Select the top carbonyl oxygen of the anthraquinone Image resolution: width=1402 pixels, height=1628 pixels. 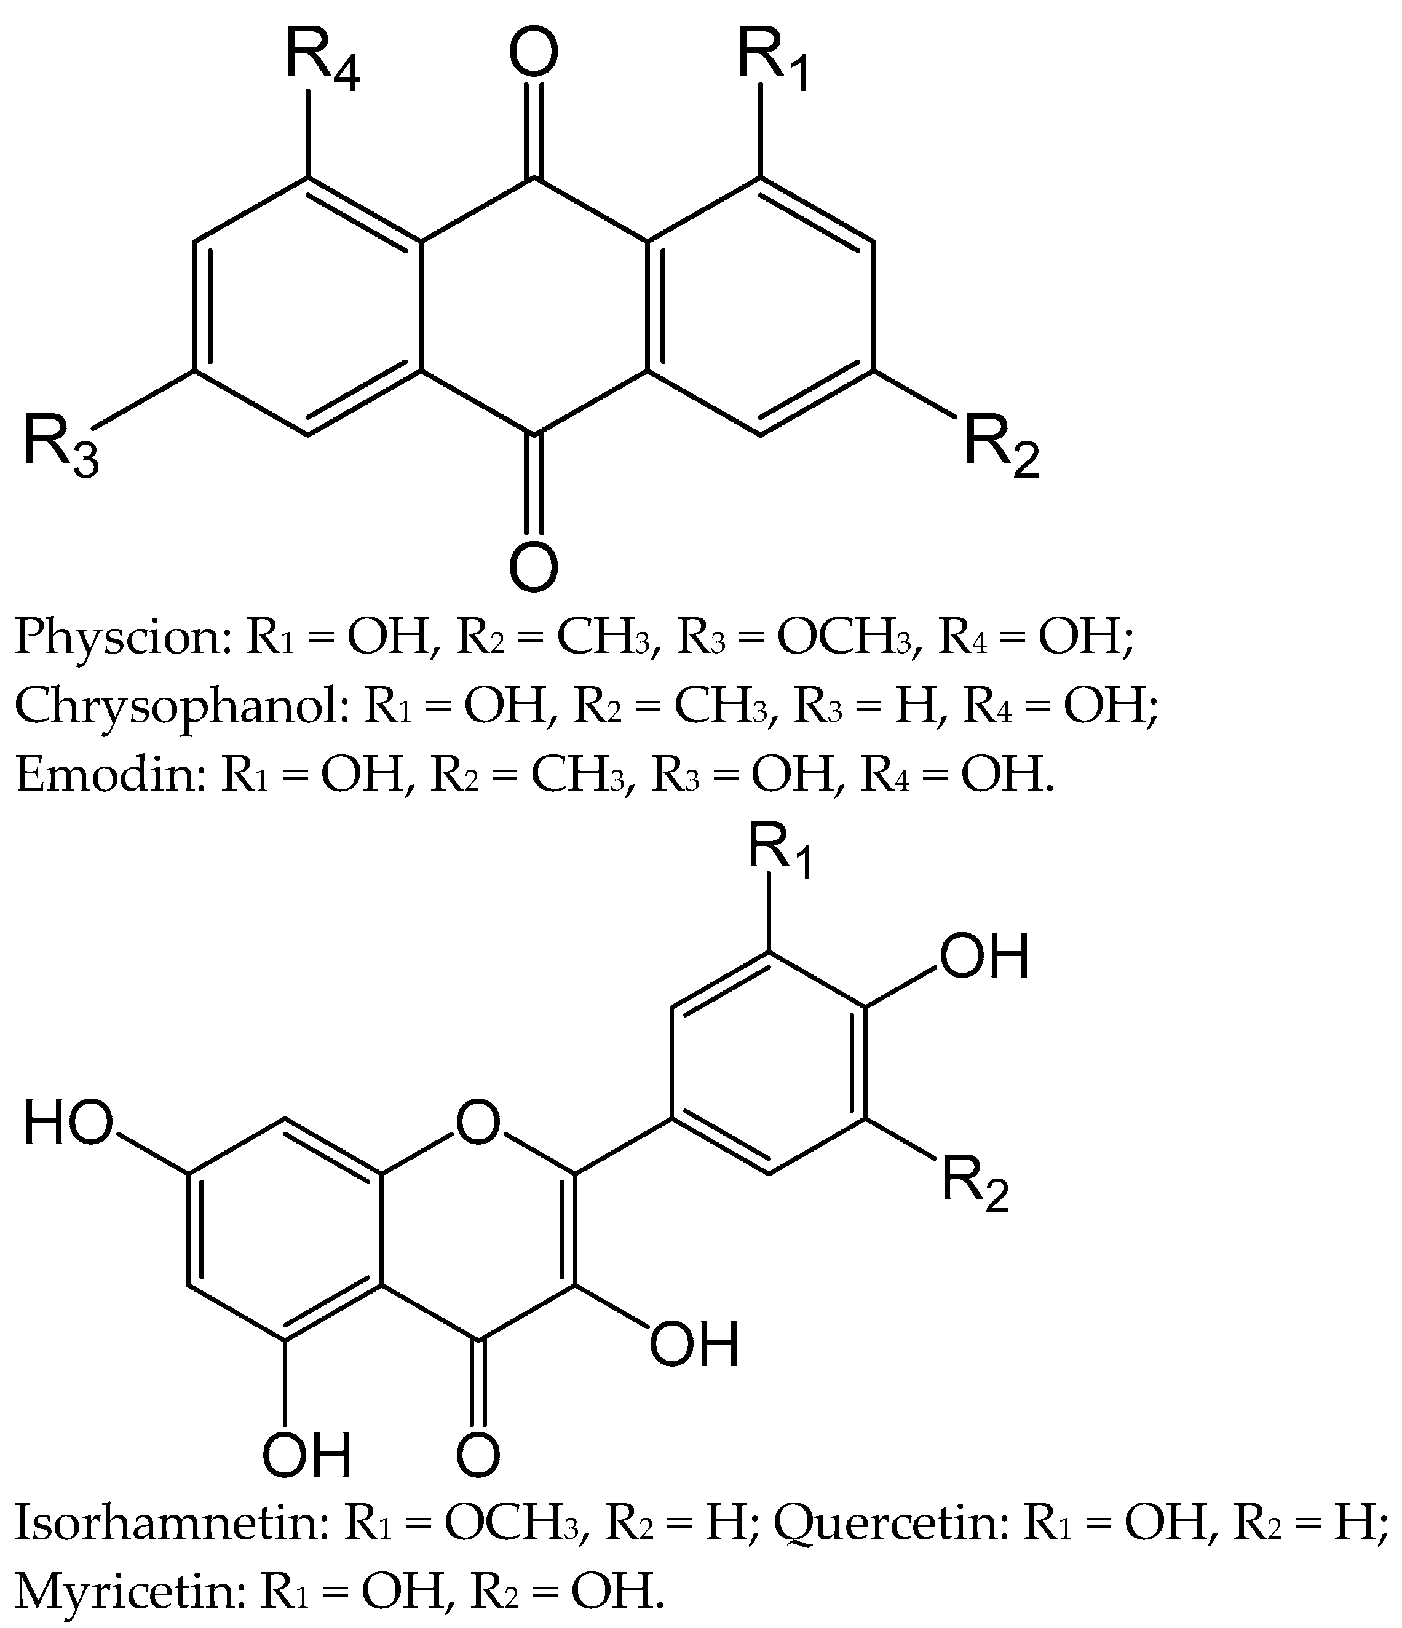[534, 55]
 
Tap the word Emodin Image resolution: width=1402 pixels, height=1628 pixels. [107, 775]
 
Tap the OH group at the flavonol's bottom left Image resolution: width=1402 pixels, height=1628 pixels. [306, 1455]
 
